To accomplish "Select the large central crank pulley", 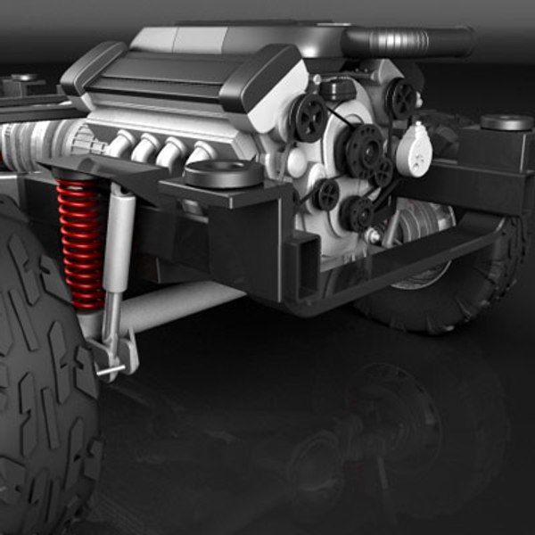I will (365, 151).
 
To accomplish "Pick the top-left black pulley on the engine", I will (309, 117).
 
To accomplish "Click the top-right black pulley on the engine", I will (400, 97).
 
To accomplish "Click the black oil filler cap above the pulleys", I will (338, 88).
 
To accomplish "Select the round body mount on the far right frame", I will (506, 122).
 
